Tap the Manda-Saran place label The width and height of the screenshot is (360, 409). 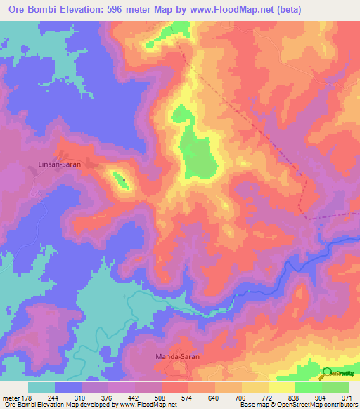(x=177, y=357)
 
